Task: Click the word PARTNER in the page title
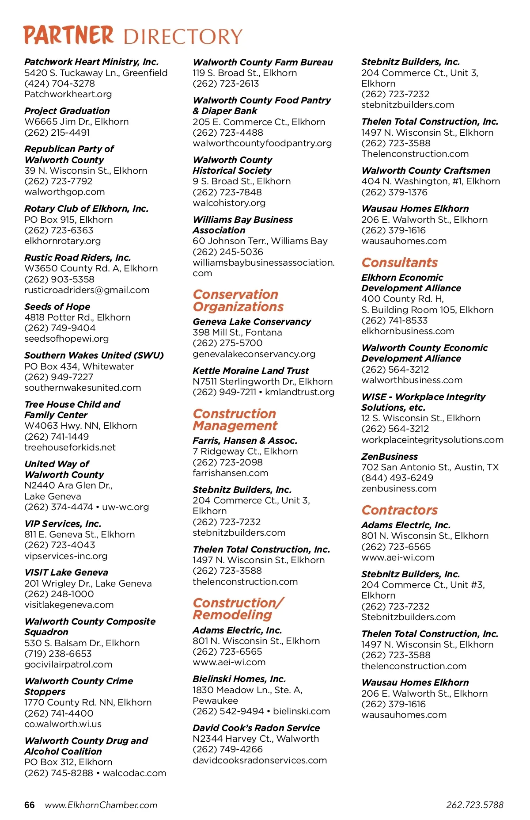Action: coord(68,35)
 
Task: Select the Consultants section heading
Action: coord(399,263)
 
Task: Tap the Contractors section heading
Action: coord(399,510)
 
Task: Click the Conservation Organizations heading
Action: coord(238,301)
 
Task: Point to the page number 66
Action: coord(29,805)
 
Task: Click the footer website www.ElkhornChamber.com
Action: coord(101,805)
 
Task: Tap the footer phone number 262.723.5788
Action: coord(475,805)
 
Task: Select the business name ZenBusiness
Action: coord(389,457)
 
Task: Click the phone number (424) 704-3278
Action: coord(60,84)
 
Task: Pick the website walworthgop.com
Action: coord(64,192)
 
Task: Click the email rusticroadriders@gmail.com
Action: coord(87,290)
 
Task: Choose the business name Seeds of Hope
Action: coord(57,307)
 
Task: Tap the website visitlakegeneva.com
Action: coord(69,605)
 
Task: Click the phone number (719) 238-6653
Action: coord(58,654)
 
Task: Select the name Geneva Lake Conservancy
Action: coord(252,322)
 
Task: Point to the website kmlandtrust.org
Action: coord(300,392)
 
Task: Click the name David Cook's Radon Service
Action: coord(256,728)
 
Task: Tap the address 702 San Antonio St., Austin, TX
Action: coord(430,467)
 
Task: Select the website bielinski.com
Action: coord(302,711)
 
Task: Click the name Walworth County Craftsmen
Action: coord(426,171)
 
